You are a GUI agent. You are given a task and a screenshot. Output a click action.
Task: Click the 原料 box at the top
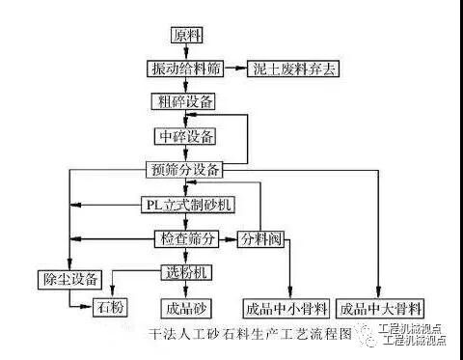186,36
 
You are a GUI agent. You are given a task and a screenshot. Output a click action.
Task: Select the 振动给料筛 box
185,69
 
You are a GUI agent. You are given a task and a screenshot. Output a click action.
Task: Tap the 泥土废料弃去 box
293,69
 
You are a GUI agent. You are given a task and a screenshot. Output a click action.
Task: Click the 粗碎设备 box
183,101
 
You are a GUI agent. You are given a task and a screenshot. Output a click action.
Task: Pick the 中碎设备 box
185,136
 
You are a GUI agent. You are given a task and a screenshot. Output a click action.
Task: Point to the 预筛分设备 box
184,170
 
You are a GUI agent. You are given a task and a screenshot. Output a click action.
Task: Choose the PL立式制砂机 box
188,205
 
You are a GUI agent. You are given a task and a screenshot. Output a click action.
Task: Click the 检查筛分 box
186,239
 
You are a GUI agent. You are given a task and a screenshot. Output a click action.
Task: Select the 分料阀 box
261,239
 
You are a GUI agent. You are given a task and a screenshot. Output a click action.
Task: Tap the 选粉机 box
186,272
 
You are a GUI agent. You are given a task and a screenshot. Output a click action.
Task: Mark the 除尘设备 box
69,280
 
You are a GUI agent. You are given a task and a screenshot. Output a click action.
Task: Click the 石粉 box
110,307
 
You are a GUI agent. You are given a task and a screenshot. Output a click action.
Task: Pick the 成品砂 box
186,309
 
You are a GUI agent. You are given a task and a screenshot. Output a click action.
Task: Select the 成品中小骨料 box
286,309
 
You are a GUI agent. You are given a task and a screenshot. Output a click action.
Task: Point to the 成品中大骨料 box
380,309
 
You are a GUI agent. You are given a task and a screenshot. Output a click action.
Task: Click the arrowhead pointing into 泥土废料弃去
241,69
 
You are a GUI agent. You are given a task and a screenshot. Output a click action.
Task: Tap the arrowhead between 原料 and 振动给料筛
186,54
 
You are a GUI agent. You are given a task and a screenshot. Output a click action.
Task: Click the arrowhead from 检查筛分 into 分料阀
231,239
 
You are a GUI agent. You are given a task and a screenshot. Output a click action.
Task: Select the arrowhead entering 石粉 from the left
87,307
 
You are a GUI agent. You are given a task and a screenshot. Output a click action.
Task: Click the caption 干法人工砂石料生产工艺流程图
250,334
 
